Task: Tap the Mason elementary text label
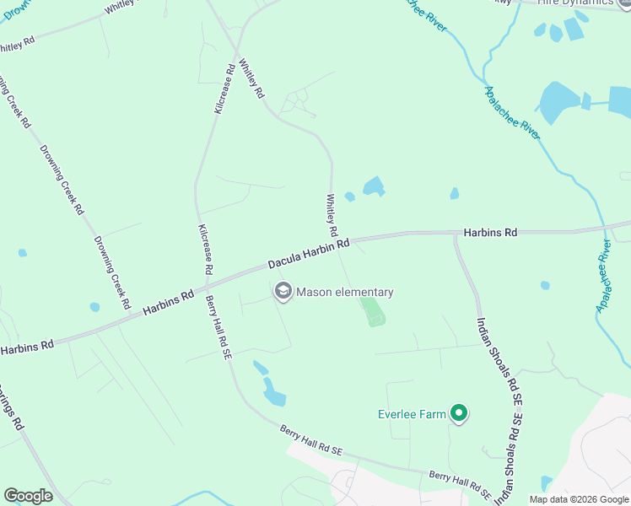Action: coord(344,293)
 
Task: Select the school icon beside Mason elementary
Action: coord(283,292)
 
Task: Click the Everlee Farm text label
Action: coord(411,414)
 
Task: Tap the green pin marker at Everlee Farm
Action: coord(459,413)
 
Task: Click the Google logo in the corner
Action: coord(28,495)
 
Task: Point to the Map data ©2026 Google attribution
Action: coord(578,499)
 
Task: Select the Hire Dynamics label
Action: coord(580,3)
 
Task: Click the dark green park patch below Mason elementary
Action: coord(372,311)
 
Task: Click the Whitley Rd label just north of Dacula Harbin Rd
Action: coord(332,216)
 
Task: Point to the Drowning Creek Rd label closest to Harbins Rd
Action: coord(112,272)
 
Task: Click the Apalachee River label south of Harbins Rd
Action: coord(604,275)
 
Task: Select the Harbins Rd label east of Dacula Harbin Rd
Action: coord(489,232)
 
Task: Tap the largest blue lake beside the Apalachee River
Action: coord(558,103)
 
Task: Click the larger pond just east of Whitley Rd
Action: coord(373,186)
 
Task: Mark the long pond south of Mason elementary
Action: coord(274,391)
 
